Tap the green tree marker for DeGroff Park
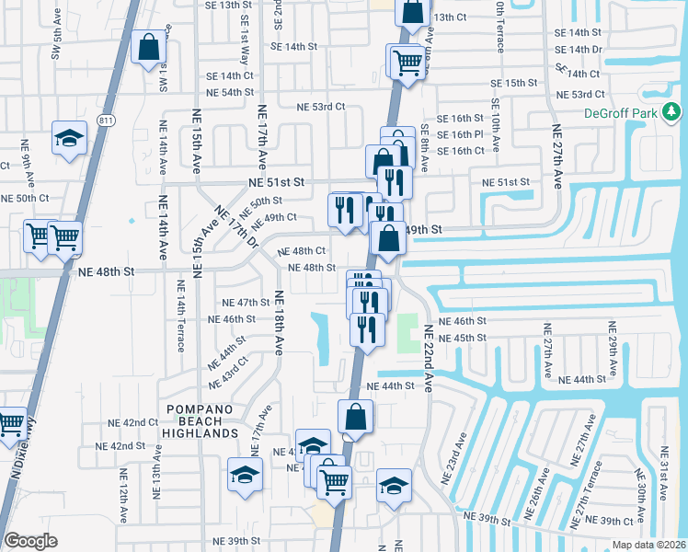click(x=674, y=112)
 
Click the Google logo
click(x=31, y=541)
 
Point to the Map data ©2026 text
click(x=648, y=545)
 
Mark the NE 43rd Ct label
click(x=229, y=372)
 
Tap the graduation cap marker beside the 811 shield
click(x=68, y=139)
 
